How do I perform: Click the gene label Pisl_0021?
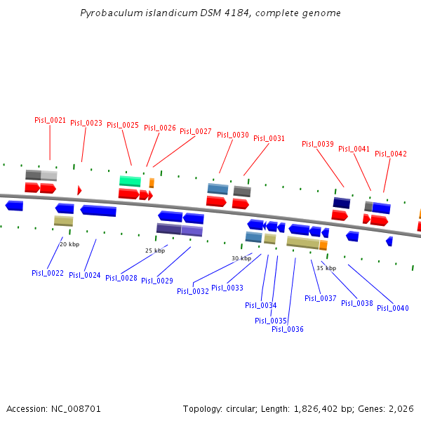(51, 120)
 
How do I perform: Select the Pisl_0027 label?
(196, 131)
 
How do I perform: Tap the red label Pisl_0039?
(318, 144)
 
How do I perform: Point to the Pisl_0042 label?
(391, 154)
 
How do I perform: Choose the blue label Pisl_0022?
(48, 273)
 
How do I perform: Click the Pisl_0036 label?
(288, 329)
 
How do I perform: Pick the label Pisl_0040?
(393, 308)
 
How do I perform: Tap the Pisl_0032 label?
(193, 291)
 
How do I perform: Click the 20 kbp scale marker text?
(69, 244)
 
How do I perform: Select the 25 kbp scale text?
(155, 250)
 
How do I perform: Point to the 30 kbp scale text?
(241, 258)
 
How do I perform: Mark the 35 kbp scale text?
(326, 268)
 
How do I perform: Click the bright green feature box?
(130, 181)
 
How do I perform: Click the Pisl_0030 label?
(233, 135)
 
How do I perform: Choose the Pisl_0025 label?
(123, 125)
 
